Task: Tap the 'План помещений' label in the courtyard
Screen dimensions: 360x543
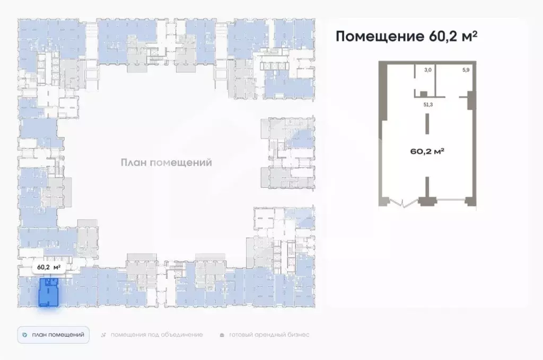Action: pos(166,163)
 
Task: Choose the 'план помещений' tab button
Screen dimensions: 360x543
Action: pos(53,335)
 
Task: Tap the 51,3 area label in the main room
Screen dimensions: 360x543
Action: pos(427,105)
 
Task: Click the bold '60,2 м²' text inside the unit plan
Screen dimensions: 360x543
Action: pos(427,151)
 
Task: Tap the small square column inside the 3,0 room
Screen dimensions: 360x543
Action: pos(423,94)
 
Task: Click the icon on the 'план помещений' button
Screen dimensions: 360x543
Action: pos(25,335)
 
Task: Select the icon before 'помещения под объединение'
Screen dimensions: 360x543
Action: pos(103,335)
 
